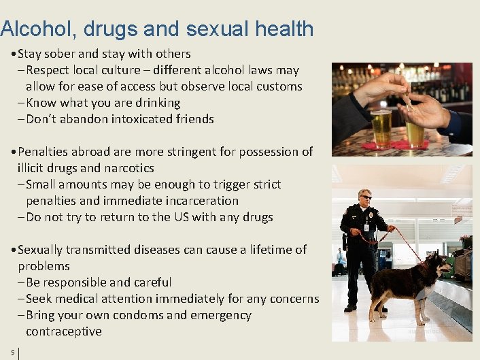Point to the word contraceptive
point(64,331)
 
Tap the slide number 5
point(12,352)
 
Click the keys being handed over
point(407,100)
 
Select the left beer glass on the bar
point(381,128)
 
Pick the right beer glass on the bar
point(415,133)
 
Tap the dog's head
point(439,264)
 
